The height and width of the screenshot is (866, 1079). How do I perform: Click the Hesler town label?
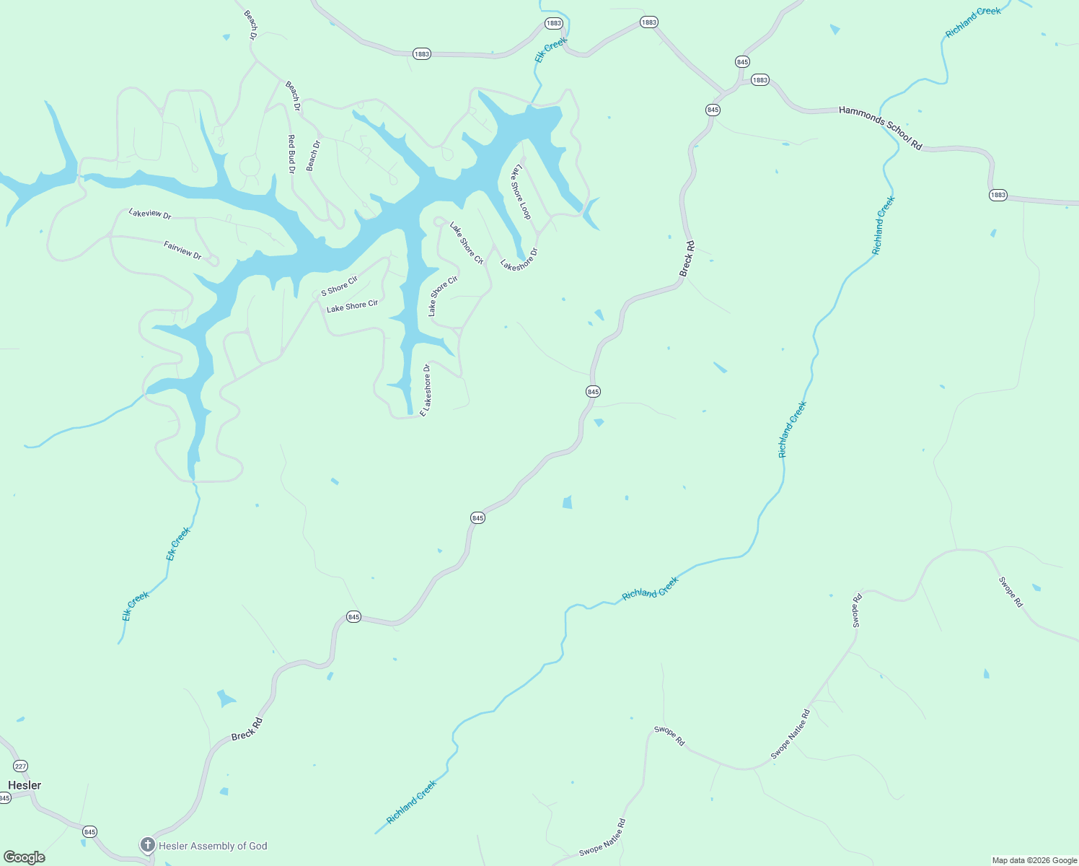point(25,785)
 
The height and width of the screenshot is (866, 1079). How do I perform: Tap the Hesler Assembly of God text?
point(213,846)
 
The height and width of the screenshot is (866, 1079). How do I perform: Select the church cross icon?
point(148,845)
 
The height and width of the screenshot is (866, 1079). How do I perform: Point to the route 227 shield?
point(20,766)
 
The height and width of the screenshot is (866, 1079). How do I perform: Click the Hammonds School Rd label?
point(880,128)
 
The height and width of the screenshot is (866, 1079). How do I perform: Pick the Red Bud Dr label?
point(291,154)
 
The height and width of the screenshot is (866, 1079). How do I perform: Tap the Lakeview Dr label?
point(150,214)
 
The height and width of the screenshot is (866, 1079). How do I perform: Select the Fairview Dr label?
point(182,250)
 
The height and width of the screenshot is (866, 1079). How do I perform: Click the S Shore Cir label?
point(339,286)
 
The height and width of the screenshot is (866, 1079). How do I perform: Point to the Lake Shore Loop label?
point(521,191)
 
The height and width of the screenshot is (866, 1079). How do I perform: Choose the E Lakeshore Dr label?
point(426,390)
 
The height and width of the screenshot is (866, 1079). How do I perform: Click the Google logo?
point(25,857)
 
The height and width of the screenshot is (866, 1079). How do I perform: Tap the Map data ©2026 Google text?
point(1034,860)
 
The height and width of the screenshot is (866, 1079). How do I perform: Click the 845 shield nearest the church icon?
point(89,831)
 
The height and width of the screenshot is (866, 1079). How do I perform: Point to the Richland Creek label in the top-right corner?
point(973,22)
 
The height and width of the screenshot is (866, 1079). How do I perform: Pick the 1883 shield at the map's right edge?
point(997,196)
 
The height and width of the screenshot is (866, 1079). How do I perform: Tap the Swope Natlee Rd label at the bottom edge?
point(602,839)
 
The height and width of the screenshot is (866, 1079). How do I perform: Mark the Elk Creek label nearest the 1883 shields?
point(551,50)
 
